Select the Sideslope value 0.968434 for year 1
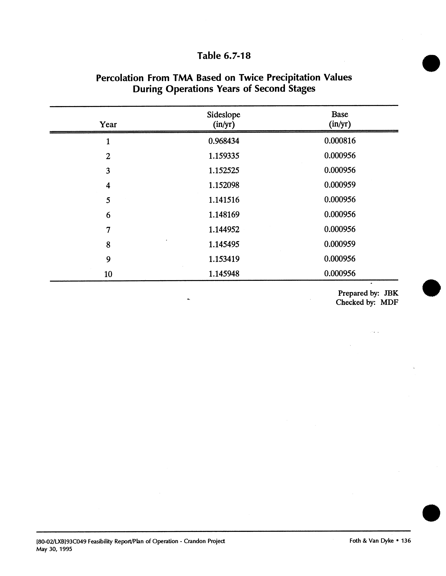(x=224, y=141)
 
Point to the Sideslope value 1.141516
(x=224, y=200)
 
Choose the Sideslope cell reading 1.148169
(x=224, y=215)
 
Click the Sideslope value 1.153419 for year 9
(x=224, y=259)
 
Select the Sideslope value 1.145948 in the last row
(x=224, y=274)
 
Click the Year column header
(x=108, y=124)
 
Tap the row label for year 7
(x=108, y=230)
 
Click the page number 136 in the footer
(x=406, y=541)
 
